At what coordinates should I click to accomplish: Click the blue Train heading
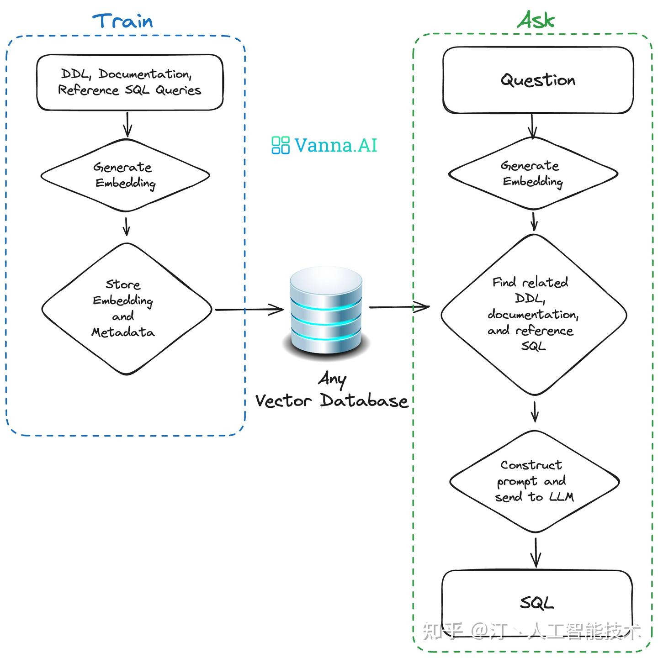coord(122,21)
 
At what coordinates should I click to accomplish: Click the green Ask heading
coord(536,20)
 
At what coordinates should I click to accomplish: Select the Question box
coord(538,80)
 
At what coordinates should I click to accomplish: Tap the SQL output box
coord(537,603)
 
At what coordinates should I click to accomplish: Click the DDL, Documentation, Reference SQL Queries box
coord(130,82)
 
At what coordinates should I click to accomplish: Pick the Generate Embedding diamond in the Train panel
coord(125,175)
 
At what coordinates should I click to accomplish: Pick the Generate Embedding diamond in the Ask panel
coord(533,174)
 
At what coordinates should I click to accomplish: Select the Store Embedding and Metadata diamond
coord(126,309)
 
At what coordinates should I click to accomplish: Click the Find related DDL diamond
coord(533,314)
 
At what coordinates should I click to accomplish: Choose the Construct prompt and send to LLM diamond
coord(534,481)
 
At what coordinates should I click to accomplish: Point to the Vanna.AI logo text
coord(336,145)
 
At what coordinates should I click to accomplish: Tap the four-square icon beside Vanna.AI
coord(280,145)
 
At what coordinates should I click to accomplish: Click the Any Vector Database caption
coord(332,391)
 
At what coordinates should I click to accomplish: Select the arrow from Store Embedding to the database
coord(249,310)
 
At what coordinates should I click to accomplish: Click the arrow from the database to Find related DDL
coord(399,307)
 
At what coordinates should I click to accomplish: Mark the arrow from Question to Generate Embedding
coord(532,126)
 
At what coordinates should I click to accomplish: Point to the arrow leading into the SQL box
coord(536,553)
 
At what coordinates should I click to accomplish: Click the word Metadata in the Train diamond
coord(123,332)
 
